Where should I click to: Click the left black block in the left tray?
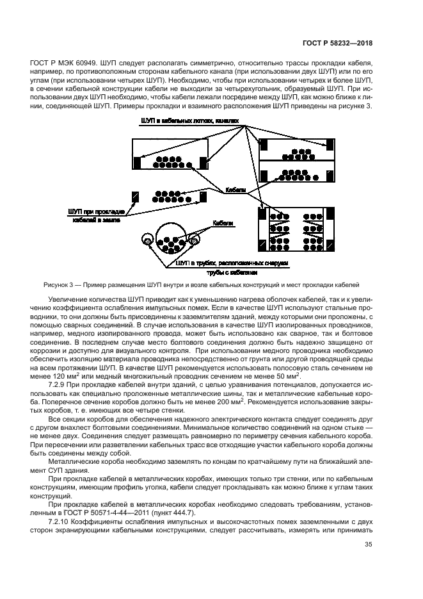click(137, 163)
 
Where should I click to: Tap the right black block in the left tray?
click(204, 163)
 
